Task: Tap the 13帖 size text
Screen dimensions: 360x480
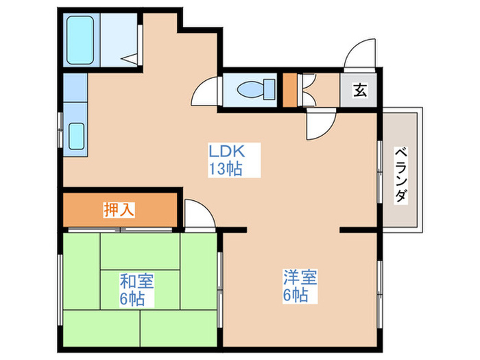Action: (x=226, y=170)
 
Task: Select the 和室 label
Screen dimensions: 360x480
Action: (x=136, y=281)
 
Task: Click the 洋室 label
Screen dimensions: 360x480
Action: (x=300, y=278)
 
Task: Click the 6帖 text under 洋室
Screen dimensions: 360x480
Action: (x=296, y=296)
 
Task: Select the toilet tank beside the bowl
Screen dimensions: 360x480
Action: (x=269, y=90)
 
